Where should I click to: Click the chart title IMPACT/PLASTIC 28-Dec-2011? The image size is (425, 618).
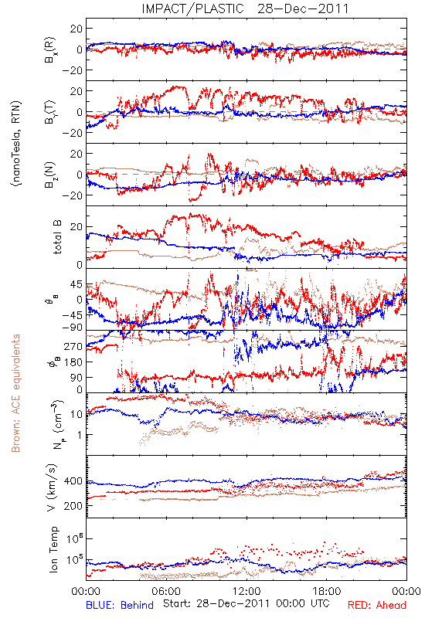click(x=245, y=8)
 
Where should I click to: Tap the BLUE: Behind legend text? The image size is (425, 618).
click(x=120, y=605)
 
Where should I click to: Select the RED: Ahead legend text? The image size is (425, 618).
click(x=376, y=605)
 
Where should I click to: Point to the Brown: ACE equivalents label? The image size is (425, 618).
click(x=15, y=393)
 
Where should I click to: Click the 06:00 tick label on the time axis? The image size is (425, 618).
click(x=166, y=592)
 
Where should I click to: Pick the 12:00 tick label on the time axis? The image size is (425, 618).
click(x=246, y=592)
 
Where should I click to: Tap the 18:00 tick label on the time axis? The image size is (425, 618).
click(x=327, y=592)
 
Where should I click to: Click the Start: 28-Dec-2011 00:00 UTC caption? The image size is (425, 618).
click(x=246, y=603)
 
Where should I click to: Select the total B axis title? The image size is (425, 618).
click(x=57, y=237)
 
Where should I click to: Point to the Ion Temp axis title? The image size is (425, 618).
click(x=53, y=549)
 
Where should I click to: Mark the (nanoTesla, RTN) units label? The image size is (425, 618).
click(x=17, y=144)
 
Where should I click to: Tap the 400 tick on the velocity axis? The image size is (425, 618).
click(x=73, y=481)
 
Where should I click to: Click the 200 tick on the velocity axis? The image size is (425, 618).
click(x=73, y=506)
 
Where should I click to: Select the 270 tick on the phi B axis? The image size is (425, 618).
click(x=73, y=346)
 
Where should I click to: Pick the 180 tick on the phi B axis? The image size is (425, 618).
click(x=73, y=362)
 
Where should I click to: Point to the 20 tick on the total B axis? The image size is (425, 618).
click(x=76, y=226)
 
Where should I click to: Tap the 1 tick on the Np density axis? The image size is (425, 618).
click(x=80, y=435)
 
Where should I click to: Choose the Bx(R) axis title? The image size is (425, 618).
click(x=50, y=49)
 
